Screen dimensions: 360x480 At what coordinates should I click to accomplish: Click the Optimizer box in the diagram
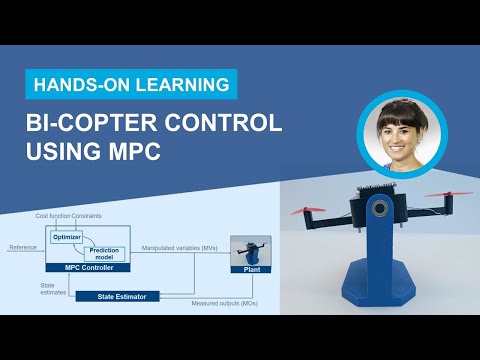[65, 237]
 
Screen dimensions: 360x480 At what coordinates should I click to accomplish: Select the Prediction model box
[103, 254]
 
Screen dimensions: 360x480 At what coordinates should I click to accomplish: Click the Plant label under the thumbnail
[251, 269]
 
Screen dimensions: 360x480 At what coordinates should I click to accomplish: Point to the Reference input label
[22, 247]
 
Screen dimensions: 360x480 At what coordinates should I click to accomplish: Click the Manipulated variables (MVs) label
[179, 247]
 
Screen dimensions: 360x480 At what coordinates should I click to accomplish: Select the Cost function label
[56, 216]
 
